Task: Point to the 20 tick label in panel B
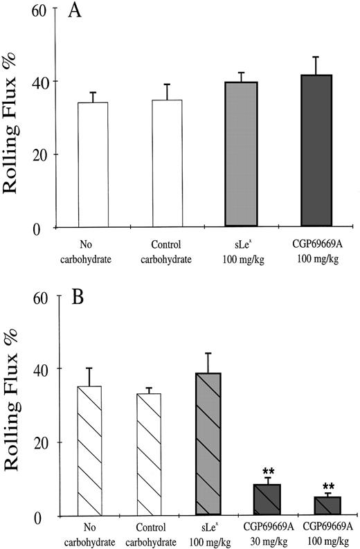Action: [46, 442]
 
